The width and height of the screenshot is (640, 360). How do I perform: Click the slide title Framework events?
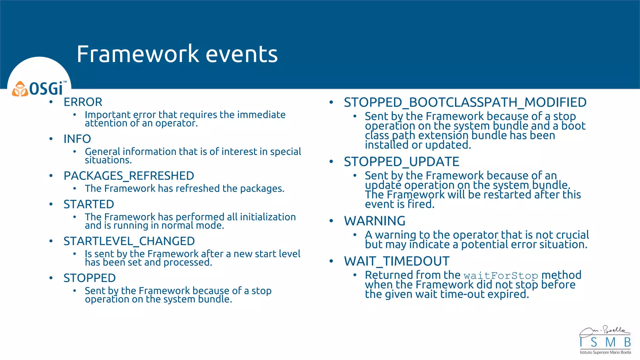pos(177,54)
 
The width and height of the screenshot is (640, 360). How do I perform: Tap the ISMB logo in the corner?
pos(605,341)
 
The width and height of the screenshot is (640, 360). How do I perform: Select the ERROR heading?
pos(83,102)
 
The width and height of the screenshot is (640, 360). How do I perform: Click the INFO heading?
pos(77,139)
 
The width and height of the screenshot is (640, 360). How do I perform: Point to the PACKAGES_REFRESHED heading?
pos(129,176)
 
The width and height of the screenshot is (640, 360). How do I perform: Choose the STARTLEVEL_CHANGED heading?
pos(129,241)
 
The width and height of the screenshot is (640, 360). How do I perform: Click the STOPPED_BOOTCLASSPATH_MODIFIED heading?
pos(465,102)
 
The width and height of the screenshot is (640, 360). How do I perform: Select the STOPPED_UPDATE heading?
pos(402,162)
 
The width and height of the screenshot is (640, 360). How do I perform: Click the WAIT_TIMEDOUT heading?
pos(397,261)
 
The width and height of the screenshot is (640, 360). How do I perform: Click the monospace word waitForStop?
pos(501,276)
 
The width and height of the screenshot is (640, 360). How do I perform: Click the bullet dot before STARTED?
pos(51,204)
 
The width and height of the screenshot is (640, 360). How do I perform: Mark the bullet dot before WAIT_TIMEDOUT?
pos(331,261)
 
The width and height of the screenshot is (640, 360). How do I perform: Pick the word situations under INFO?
pos(108,160)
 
